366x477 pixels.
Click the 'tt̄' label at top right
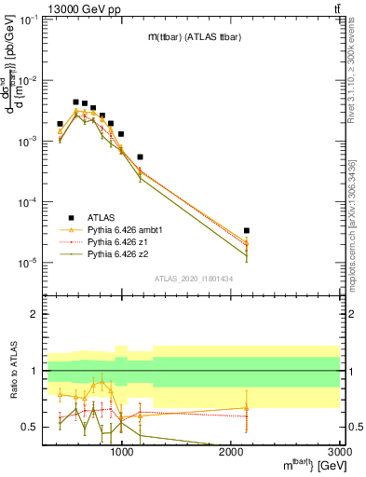pyautogui.click(x=334, y=8)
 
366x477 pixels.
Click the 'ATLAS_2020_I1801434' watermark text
pyautogui.click(x=192, y=279)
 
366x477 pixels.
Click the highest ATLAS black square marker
pyautogui.click(x=76, y=102)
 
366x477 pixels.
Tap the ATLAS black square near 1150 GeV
pyautogui.click(x=140, y=157)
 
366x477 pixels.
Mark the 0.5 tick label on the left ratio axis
pyautogui.click(x=28, y=427)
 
